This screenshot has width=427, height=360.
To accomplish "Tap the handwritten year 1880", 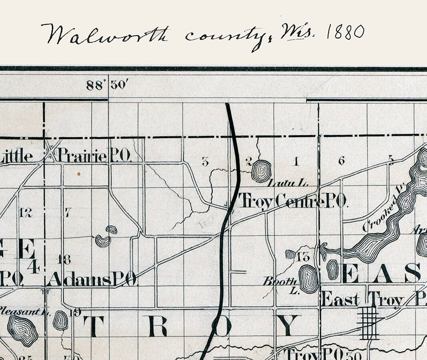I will tap(345, 32).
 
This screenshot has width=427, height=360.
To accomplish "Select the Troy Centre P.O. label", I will tap(292, 201).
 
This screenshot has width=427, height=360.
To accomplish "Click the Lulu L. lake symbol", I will tap(261, 171).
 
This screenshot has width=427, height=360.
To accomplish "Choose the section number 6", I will tap(341, 161).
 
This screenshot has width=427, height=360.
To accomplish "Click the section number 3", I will tap(205, 162).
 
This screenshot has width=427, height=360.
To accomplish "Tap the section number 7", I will tap(68, 212).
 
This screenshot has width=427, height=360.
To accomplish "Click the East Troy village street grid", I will tap(369, 322).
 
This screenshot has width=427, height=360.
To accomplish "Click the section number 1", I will tap(296, 162).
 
